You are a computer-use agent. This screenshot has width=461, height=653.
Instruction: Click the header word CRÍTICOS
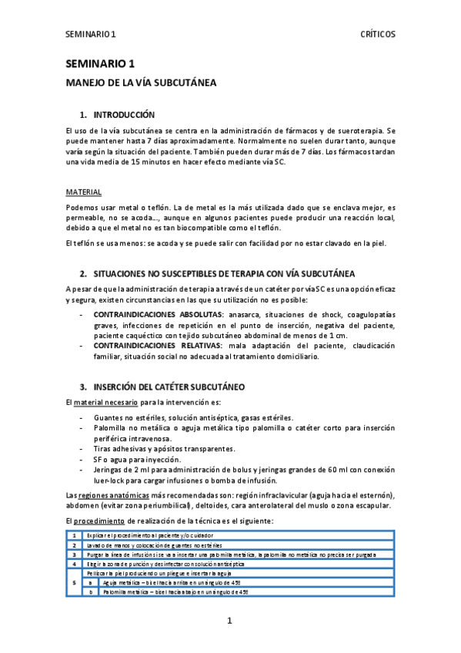point(378,35)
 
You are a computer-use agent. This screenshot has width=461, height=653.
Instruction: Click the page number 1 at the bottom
point(230,620)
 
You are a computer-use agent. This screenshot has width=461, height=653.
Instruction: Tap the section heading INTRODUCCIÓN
point(124,114)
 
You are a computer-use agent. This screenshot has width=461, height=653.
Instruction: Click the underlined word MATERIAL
point(83,192)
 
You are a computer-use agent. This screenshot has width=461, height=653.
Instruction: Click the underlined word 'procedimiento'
point(108,521)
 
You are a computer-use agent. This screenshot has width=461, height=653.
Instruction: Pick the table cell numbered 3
point(73,554)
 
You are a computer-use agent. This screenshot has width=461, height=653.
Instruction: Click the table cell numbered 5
point(73,583)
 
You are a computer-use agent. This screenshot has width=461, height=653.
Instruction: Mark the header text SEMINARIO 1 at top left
point(91,35)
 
